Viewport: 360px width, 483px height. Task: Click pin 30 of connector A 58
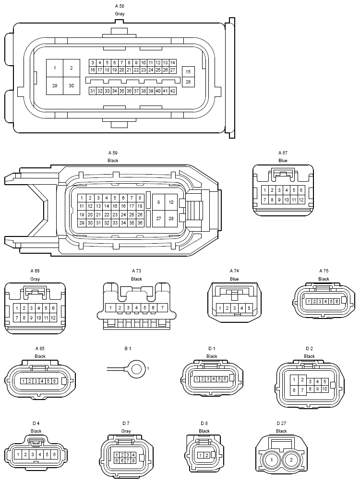pos(72,85)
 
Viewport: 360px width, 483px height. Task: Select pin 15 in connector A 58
pos(188,71)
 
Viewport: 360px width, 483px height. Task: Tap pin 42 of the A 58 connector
pos(173,91)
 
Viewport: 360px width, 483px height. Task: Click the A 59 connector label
pos(113,153)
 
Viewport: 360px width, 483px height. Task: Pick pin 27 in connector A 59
pos(158,218)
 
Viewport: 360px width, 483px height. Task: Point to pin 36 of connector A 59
pos(140,223)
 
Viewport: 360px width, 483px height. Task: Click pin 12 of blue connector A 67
pos(301,200)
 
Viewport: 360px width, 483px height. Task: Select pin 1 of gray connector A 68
pos(17,308)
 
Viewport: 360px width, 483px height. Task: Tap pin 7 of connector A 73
pos(162,307)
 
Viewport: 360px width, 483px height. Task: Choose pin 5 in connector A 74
pos(249,307)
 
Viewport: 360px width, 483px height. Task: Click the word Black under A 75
pos(324,279)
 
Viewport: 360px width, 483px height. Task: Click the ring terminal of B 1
pos(137,369)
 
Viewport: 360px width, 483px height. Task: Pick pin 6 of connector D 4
pos(54,454)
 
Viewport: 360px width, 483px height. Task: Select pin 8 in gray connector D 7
pos(133,460)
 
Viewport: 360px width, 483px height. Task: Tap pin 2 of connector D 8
pos(207,455)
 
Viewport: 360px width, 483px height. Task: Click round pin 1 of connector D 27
pos(271,460)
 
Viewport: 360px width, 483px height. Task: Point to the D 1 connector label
pos(212,349)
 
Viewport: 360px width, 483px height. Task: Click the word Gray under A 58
pos(120,14)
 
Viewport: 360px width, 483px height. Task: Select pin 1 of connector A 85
pos(24,381)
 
